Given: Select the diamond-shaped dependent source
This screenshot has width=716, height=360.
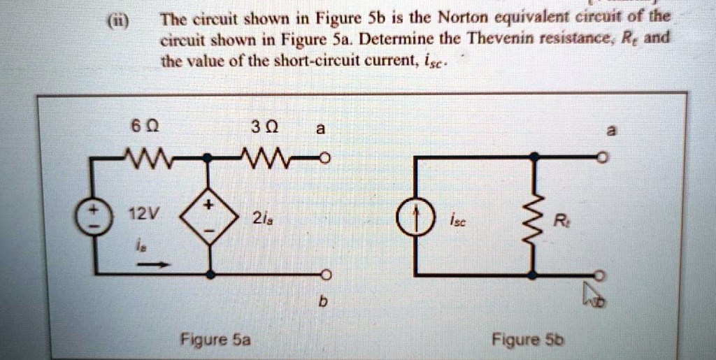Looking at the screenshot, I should tap(209, 217).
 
